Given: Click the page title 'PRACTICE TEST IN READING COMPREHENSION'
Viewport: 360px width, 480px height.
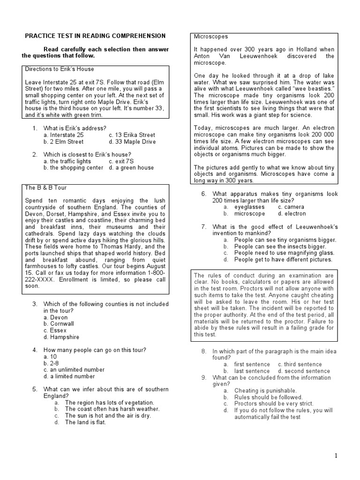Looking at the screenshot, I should pyautogui.click(x=95, y=36).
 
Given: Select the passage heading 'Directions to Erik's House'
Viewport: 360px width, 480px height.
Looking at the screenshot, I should pyautogui.click(x=59, y=69).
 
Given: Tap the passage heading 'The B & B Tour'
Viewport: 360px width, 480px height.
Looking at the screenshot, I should pyautogui.click(x=45, y=187).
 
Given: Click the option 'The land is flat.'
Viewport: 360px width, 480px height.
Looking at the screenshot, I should pyautogui.click(x=85, y=422).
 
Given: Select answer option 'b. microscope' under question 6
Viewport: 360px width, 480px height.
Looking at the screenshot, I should pyautogui.click(x=249, y=213).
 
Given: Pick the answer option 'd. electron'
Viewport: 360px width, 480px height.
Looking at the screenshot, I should pyautogui.click(x=292, y=213).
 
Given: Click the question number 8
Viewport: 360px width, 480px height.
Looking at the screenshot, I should pyautogui.click(x=204, y=351).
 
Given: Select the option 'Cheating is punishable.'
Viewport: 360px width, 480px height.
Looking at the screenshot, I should pyautogui.click(x=265, y=390).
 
